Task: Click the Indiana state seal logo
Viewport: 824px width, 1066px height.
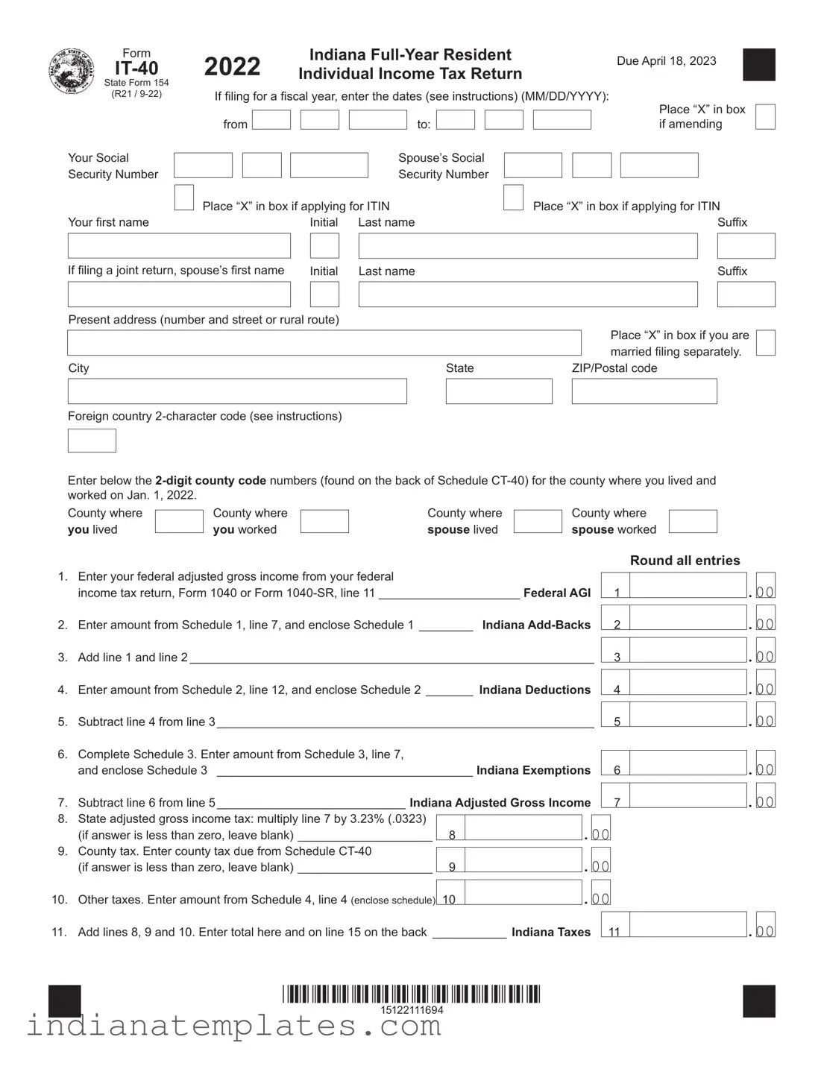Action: coord(72,72)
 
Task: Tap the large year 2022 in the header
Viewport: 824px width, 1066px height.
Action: coord(232,67)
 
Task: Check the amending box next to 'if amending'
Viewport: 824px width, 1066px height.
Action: coord(765,117)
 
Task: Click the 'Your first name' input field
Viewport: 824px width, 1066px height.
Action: coord(179,246)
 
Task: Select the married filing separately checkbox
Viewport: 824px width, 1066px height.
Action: coord(765,343)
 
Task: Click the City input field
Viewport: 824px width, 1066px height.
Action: coord(237,391)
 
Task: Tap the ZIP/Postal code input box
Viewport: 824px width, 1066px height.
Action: coord(644,391)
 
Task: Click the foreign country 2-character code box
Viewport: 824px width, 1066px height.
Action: coord(92,441)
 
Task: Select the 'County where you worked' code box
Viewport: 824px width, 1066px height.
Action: coord(324,521)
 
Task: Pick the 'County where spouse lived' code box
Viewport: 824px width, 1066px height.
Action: coord(538,521)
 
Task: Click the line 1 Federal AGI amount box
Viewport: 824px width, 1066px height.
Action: coord(688,585)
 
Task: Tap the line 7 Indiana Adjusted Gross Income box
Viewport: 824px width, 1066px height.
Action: coord(688,795)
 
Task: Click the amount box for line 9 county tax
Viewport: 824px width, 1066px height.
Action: coord(523,860)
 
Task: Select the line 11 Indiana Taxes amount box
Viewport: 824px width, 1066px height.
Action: coord(688,924)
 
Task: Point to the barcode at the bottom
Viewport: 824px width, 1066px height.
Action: coord(411,994)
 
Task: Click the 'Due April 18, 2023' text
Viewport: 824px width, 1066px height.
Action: coord(666,61)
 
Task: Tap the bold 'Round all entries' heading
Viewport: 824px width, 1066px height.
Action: coord(685,561)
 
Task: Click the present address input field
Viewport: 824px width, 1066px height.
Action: coord(324,343)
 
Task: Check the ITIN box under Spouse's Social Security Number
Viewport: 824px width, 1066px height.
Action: coord(513,198)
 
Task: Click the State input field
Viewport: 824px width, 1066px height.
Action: coord(499,391)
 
